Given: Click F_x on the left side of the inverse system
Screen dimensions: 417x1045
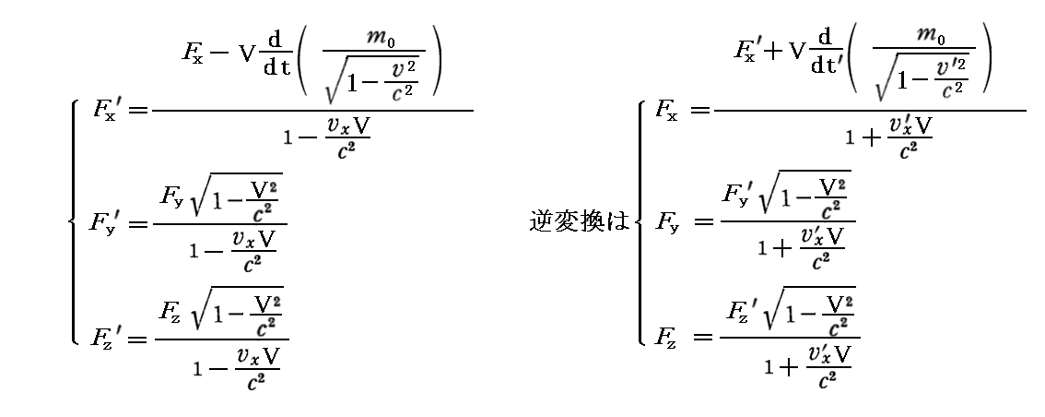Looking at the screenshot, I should (665, 111).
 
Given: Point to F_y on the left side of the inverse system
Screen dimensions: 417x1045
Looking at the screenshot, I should (665, 223).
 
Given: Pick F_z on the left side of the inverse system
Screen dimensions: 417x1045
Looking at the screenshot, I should (665, 337).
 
